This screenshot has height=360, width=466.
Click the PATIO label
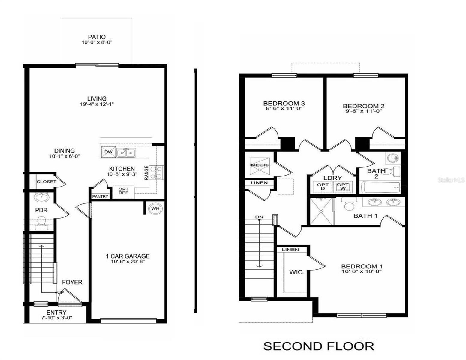pos(97,37)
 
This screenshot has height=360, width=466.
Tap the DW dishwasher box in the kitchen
pos(108,152)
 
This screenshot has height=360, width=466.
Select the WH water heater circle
pos(155,209)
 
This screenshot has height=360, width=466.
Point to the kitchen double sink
pos(126,153)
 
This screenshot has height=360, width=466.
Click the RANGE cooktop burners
pos(157,172)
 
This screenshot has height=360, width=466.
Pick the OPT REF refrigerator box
pos(123,191)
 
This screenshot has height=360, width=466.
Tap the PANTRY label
pos(100,196)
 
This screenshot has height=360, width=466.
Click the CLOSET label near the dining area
pos(46,181)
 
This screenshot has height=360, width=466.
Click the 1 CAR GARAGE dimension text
pos(128,262)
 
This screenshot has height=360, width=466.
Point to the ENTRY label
pos(56,313)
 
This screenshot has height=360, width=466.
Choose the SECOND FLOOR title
pos(319,346)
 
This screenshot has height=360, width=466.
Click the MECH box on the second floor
pos(259,165)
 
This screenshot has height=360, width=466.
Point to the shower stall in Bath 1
pos(321,211)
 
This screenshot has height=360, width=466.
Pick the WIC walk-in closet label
pos(296,272)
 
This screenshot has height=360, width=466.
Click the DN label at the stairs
pos(259,217)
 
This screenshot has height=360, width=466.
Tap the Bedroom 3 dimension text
pos(284,109)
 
